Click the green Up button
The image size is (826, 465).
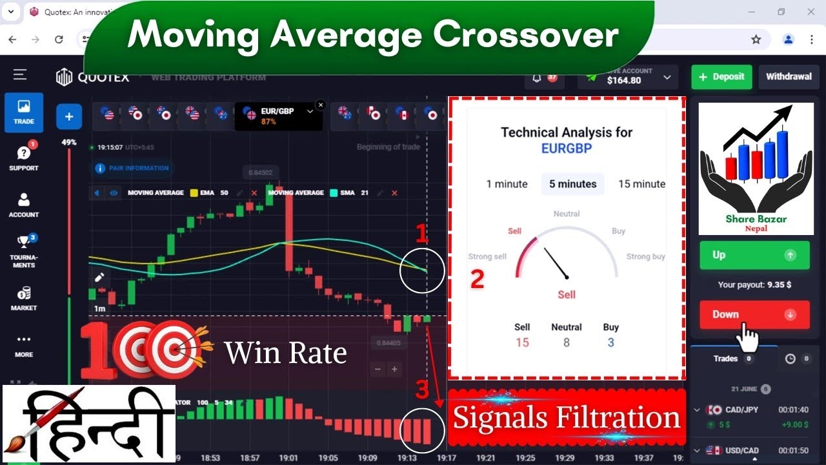click(x=754, y=255)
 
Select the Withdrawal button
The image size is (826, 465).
click(x=789, y=76)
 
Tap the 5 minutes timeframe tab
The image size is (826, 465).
click(x=572, y=184)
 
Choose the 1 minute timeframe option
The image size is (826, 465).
click(x=507, y=184)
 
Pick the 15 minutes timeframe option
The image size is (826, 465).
click(x=641, y=184)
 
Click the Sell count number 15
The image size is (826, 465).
click(x=522, y=342)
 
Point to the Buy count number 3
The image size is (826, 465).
click(x=610, y=342)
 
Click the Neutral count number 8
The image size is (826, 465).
click(x=566, y=342)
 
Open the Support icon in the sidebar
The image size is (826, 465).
click(x=24, y=157)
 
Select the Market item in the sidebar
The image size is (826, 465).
click(x=24, y=298)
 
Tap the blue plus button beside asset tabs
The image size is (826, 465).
click(x=69, y=117)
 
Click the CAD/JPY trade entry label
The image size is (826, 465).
click(x=741, y=409)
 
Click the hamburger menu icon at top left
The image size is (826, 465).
click(x=20, y=75)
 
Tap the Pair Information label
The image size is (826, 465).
click(x=139, y=168)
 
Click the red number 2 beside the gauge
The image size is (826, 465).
click(x=477, y=279)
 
